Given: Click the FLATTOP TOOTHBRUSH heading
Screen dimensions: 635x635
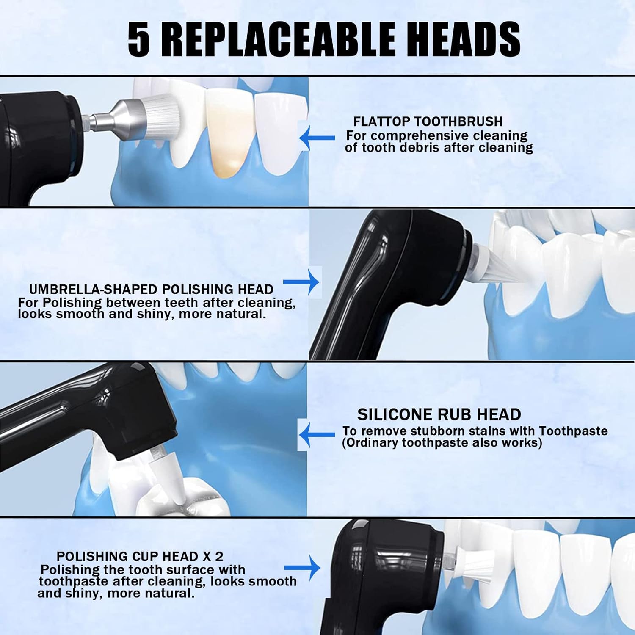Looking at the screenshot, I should tap(428, 121).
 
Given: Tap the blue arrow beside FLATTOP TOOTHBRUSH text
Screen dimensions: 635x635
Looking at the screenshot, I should tap(317, 138).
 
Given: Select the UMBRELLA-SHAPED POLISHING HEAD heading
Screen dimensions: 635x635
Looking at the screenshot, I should tap(151, 290).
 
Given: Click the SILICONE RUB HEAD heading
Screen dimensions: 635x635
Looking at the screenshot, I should tap(439, 414).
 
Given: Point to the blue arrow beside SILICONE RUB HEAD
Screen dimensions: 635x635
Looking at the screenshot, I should tap(317, 434).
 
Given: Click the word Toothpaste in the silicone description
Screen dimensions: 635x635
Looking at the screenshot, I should tap(573, 431).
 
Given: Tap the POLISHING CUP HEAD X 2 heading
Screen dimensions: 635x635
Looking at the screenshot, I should tap(140, 556).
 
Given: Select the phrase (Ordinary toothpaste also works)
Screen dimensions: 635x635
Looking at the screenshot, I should tap(442, 443).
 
